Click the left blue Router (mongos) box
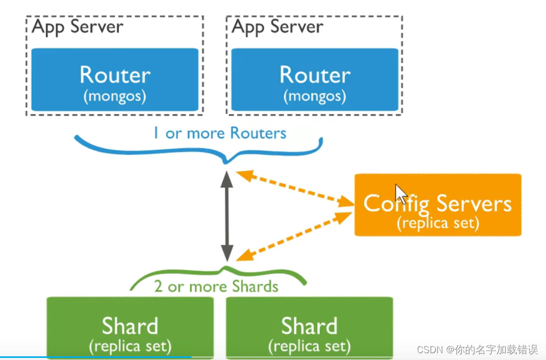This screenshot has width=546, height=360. coord(115,80)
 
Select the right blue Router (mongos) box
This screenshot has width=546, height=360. coord(314,80)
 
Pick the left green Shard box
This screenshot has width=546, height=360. coord(130,327)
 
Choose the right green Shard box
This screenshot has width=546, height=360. coord(309,327)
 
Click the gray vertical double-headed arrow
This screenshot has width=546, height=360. coord(226,216)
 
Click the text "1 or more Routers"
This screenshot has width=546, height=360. coord(220,133)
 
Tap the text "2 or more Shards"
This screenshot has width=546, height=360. coord(216,286)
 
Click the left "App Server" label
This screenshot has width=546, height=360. coord(77,27)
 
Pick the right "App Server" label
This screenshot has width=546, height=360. coord(277,27)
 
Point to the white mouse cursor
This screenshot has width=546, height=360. coord(400,194)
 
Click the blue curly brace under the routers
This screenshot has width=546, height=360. coord(199,149)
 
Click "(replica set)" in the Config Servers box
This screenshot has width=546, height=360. coord(438,223)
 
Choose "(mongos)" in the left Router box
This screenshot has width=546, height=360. coord(115,96)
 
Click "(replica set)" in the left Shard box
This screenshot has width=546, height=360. coord(130,346)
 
